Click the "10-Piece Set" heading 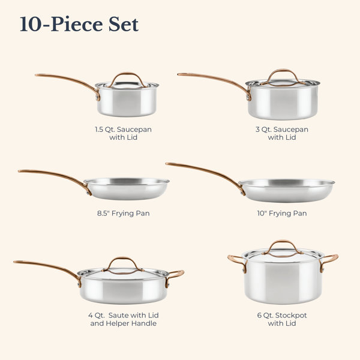click(x=79, y=24)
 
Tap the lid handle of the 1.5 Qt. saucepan click(x=127, y=74)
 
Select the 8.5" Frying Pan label click(x=123, y=213)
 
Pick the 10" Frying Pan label click(x=282, y=213)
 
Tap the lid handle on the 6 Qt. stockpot click(x=283, y=242)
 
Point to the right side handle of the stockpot click(x=330, y=257)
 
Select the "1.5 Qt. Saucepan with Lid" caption click(x=123, y=133)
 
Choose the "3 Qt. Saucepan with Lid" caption click(x=282, y=133)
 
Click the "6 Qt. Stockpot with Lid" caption click(x=282, y=319)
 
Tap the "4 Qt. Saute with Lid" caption click(x=123, y=315)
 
